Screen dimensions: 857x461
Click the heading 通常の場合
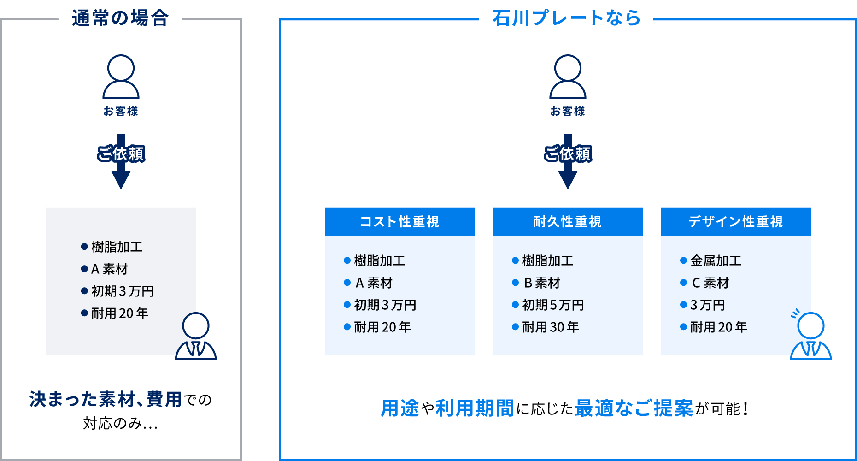(120, 18)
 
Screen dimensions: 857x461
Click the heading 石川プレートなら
(567, 18)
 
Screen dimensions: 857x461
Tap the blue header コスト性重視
(399, 222)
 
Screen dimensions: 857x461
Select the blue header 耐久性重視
(568, 222)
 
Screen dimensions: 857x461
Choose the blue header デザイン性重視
(736, 222)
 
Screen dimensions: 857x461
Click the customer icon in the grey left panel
(121, 77)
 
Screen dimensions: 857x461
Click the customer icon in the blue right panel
(568, 77)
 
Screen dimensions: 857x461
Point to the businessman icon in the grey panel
(196, 336)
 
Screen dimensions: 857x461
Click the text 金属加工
(716, 261)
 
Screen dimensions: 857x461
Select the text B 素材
(542, 283)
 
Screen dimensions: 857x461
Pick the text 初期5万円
(553, 305)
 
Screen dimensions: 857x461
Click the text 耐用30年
(551, 327)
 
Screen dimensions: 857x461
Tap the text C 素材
(710, 283)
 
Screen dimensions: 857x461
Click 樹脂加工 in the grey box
(117, 247)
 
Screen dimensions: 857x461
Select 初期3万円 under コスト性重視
(385, 305)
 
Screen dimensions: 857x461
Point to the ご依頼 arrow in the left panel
(121, 161)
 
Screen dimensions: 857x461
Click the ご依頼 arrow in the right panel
(568, 161)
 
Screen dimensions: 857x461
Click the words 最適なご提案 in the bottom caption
(634, 408)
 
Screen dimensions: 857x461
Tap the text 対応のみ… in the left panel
(121, 423)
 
